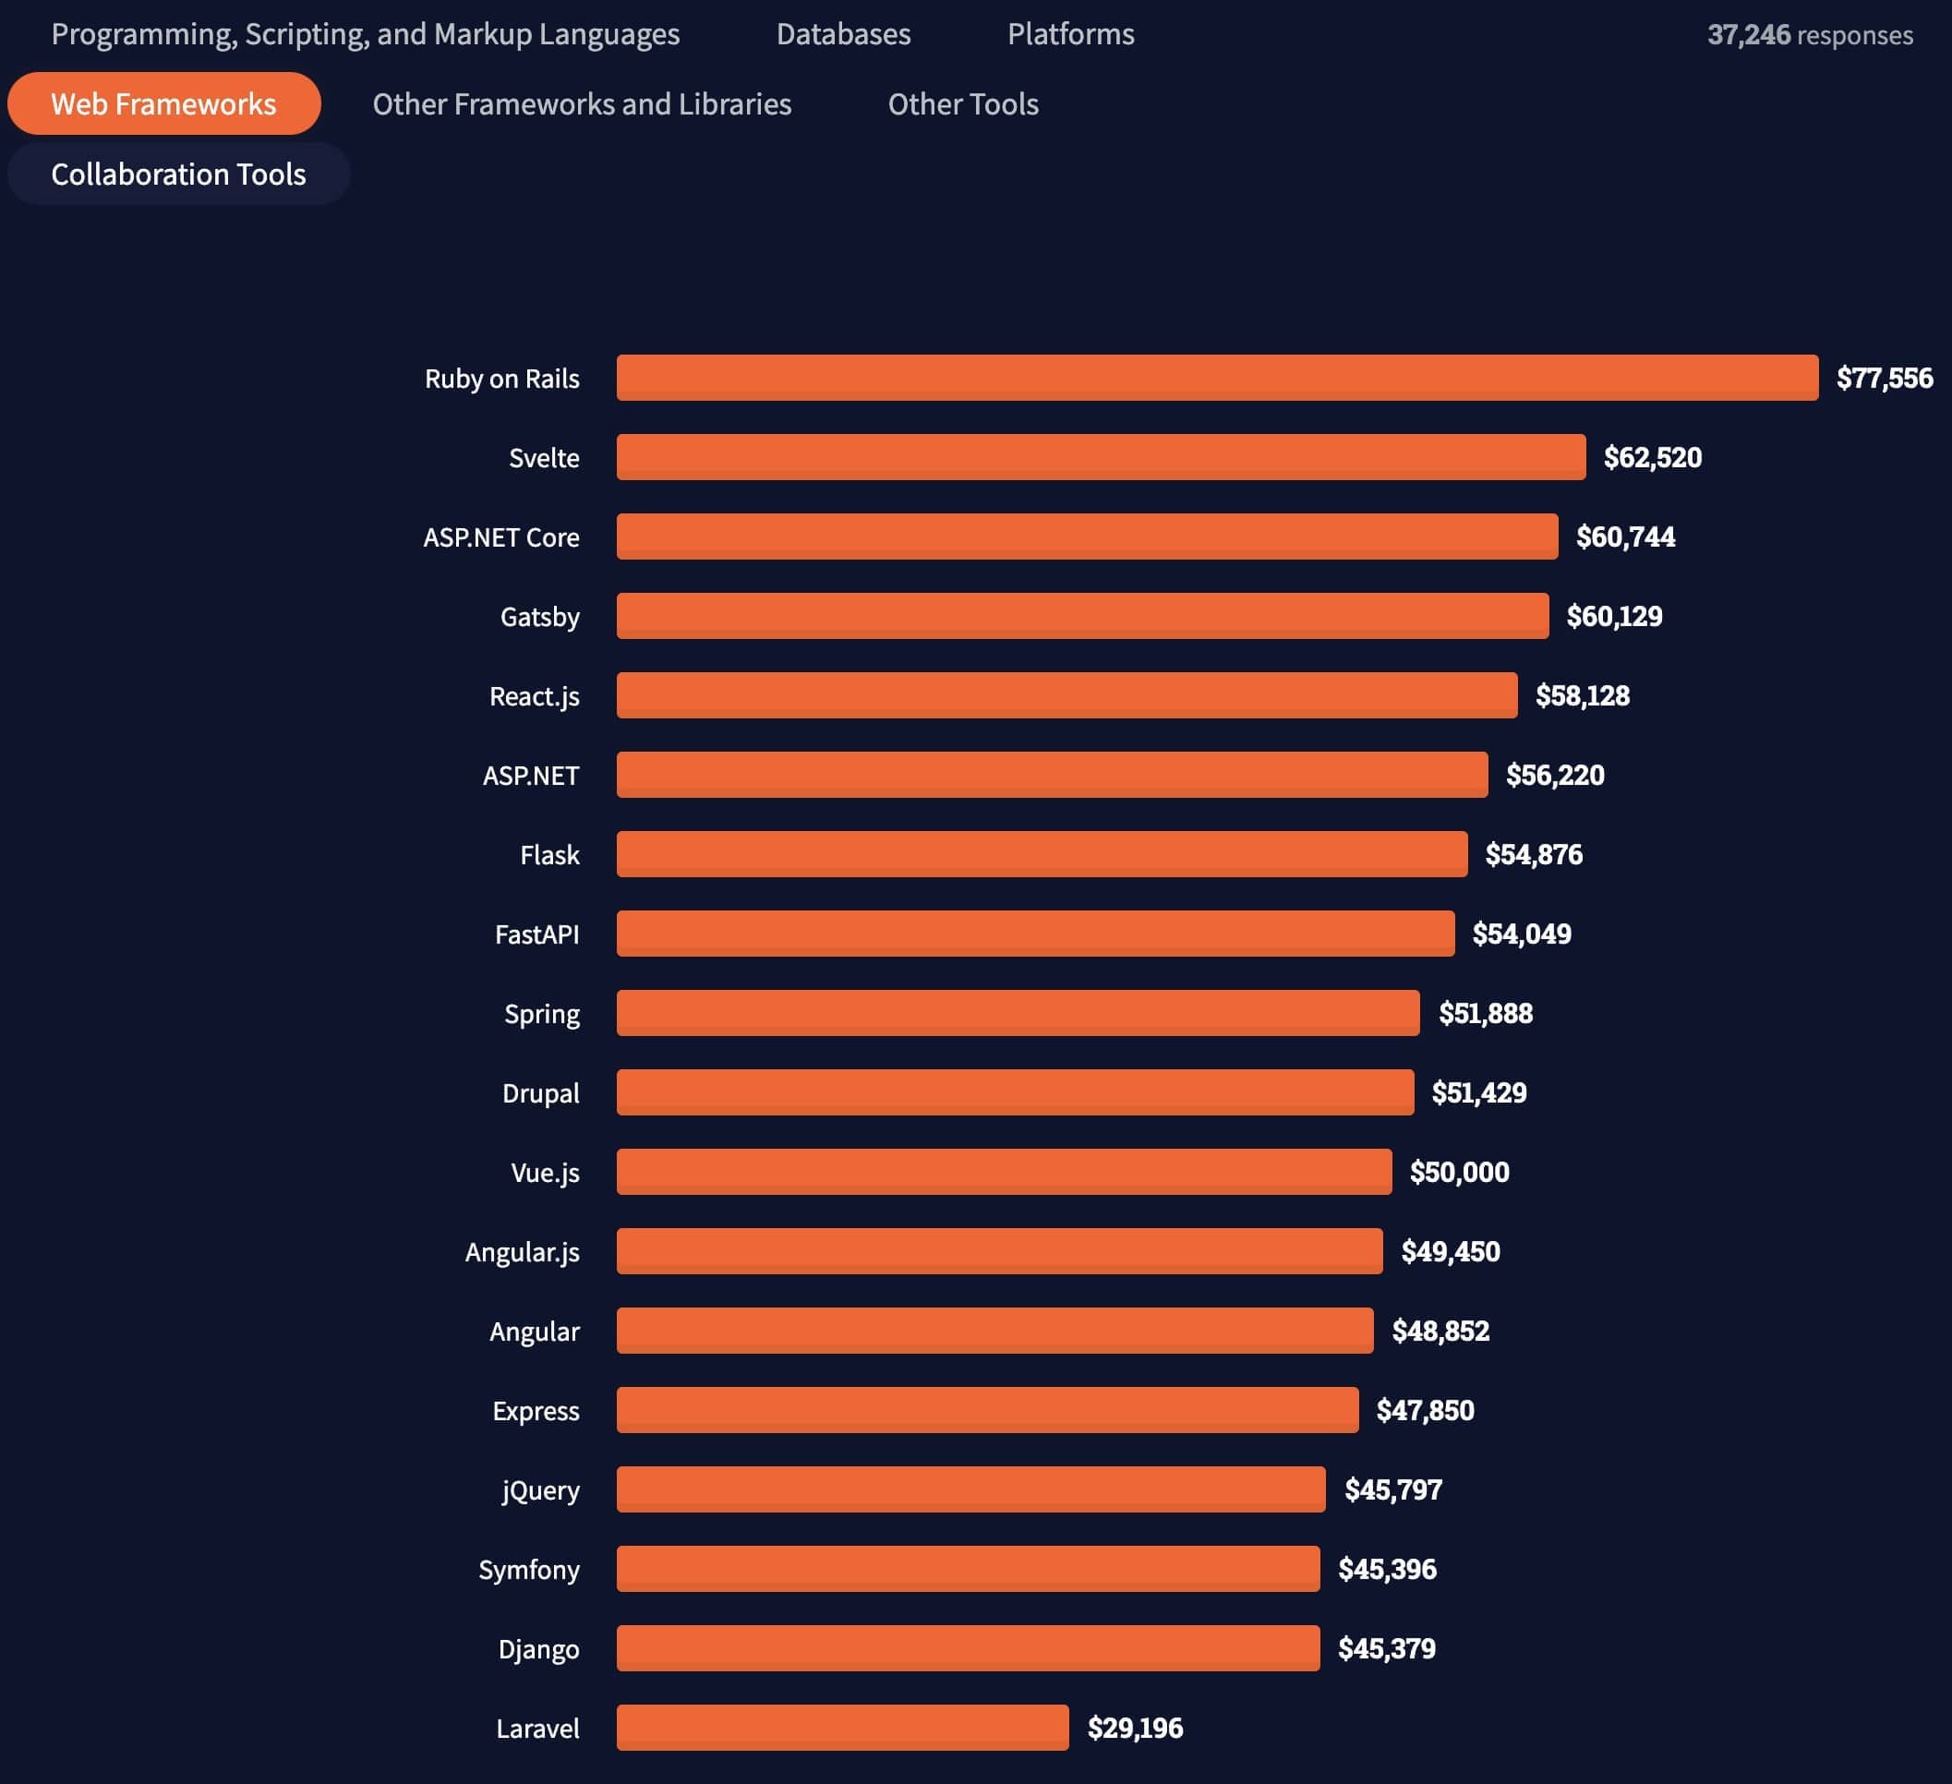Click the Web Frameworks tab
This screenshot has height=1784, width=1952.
[x=163, y=103]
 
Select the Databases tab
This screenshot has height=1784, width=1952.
[x=843, y=34]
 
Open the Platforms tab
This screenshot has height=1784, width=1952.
[x=1070, y=34]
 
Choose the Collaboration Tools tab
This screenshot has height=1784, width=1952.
[x=178, y=175]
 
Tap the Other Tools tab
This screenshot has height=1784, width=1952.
[x=962, y=103]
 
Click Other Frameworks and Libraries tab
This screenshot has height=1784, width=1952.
[x=582, y=103]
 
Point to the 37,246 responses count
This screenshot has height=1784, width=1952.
[x=1809, y=35]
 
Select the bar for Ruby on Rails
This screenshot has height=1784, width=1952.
[x=1217, y=378]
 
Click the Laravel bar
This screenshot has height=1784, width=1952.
[x=842, y=1727]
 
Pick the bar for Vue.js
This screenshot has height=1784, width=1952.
[x=1004, y=1171]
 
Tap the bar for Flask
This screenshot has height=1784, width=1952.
[x=1042, y=853]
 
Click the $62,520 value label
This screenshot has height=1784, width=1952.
[x=1652, y=457]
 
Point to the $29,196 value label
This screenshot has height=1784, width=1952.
[x=1135, y=1727]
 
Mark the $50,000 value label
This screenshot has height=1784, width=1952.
[x=1458, y=1172]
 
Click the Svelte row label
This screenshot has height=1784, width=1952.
[x=544, y=458]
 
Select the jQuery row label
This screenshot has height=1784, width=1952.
[x=540, y=1489]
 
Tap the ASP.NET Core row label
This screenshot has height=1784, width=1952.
[x=501, y=537]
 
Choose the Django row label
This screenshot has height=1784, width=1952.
[x=538, y=1648]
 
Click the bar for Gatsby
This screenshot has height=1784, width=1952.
[x=1082, y=616]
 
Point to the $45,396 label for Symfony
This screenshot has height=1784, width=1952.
[x=1387, y=1569]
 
